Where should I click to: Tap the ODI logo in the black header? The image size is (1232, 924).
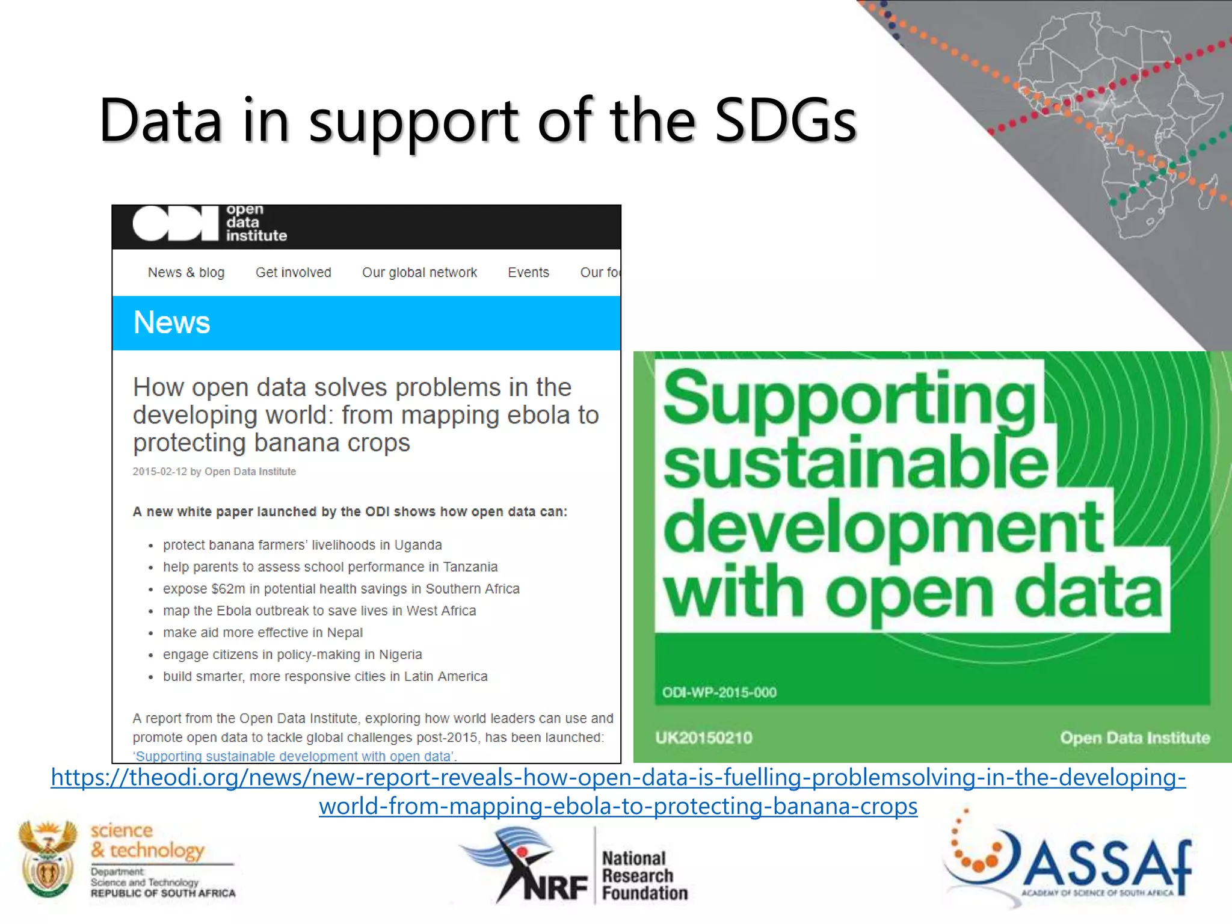click(x=176, y=223)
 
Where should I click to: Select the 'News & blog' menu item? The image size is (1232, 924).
click(x=186, y=273)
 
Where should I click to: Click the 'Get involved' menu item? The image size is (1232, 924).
click(x=293, y=273)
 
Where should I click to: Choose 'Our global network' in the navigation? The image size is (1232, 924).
click(x=419, y=273)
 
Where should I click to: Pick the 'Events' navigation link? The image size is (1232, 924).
click(x=528, y=273)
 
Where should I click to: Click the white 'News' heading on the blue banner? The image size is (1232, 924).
click(x=171, y=322)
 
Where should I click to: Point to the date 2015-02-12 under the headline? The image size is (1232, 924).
click(x=159, y=472)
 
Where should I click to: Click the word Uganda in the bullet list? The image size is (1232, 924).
click(x=417, y=545)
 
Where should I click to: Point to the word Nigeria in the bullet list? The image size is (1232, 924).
click(x=400, y=654)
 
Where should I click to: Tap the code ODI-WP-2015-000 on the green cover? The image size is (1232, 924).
click(x=719, y=692)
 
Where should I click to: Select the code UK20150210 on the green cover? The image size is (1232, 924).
click(x=703, y=738)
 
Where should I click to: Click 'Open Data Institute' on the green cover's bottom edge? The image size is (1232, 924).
click(x=1135, y=738)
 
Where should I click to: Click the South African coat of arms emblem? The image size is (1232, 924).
click(x=48, y=858)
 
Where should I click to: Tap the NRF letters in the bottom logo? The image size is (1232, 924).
click(x=555, y=887)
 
